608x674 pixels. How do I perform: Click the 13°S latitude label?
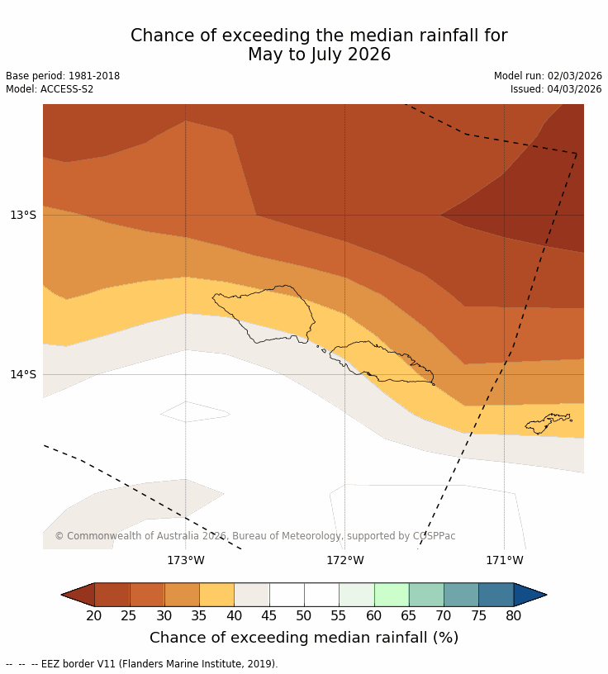(x=23, y=216)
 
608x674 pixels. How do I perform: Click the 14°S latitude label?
(x=23, y=375)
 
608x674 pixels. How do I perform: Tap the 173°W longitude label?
(x=185, y=561)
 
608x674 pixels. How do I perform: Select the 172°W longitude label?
(x=344, y=561)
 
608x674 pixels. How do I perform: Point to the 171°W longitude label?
(x=504, y=561)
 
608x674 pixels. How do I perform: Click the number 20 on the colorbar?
(x=94, y=615)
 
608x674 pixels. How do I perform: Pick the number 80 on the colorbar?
(x=513, y=615)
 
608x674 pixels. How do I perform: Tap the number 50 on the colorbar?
(x=304, y=615)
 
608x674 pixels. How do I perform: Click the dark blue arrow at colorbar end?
(x=530, y=595)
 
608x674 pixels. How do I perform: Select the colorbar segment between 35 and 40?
(x=216, y=595)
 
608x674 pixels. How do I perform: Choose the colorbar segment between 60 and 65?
(x=392, y=595)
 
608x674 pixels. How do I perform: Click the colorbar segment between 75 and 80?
(x=496, y=595)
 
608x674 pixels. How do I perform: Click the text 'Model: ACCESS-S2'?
(x=50, y=89)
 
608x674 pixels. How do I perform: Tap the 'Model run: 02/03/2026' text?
(x=548, y=76)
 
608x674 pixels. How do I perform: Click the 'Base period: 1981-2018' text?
(x=63, y=76)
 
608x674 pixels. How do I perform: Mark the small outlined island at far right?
(x=548, y=423)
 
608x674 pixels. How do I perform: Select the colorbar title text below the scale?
(x=304, y=638)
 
